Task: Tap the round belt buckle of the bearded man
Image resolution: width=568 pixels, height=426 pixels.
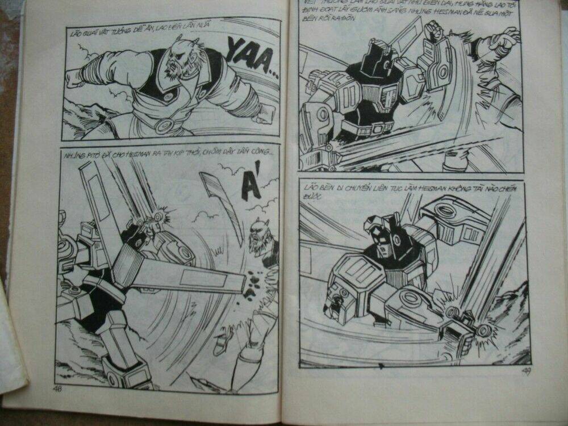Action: pos(164,124)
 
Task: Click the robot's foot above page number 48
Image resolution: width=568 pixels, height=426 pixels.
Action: pos(123,372)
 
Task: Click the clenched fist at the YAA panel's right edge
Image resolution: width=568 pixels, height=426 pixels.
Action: pos(262,118)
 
